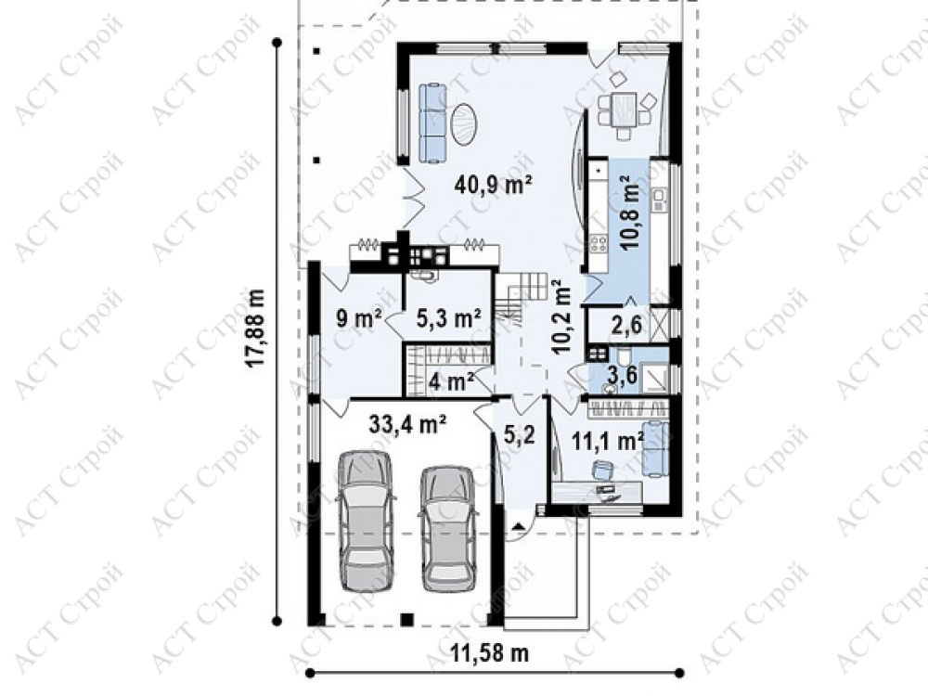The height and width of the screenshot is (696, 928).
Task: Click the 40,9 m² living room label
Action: coord(493,185)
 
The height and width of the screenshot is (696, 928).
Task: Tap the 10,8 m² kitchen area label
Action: coord(630,212)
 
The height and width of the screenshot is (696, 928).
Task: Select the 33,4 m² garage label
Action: coord(407,424)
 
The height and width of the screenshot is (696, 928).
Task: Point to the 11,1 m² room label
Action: coord(609,441)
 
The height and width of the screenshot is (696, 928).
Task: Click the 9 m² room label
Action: coord(358,319)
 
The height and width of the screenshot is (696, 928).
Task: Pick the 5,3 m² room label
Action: coord(448,319)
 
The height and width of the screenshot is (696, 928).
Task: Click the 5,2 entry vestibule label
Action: coord(519,435)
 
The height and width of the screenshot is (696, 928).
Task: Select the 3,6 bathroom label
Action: coord(624,374)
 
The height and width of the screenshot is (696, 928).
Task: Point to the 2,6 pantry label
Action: coord(626,324)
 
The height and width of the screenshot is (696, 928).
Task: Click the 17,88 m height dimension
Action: coord(255,328)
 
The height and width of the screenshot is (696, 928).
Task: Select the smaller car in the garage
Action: coord(448,529)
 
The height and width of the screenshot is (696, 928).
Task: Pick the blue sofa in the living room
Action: coord(432,123)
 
